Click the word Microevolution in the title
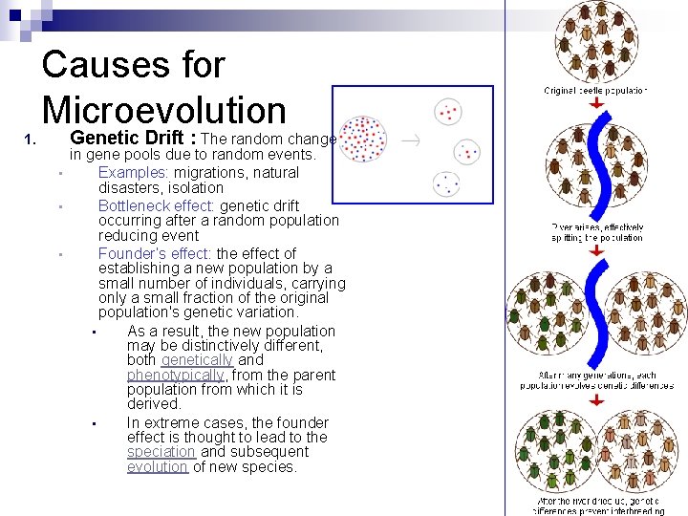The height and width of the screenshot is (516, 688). click(x=163, y=110)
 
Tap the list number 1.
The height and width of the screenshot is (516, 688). click(x=31, y=142)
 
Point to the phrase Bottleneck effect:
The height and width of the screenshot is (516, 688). click(x=155, y=205)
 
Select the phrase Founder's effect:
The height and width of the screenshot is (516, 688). click(x=156, y=253)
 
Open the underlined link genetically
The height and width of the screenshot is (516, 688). click(x=197, y=360)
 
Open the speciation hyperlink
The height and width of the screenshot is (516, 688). click(x=161, y=452)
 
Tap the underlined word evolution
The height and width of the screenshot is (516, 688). click(x=158, y=466)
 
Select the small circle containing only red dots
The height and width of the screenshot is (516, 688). click(x=449, y=112)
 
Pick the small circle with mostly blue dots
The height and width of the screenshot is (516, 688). click(x=447, y=183)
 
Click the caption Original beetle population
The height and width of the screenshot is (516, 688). click(x=595, y=90)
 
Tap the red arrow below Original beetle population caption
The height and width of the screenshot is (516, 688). click(x=595, y=102)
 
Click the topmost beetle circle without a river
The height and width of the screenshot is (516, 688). click(x=596, y=41)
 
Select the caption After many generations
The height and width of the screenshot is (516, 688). click(x=596, y=380)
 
